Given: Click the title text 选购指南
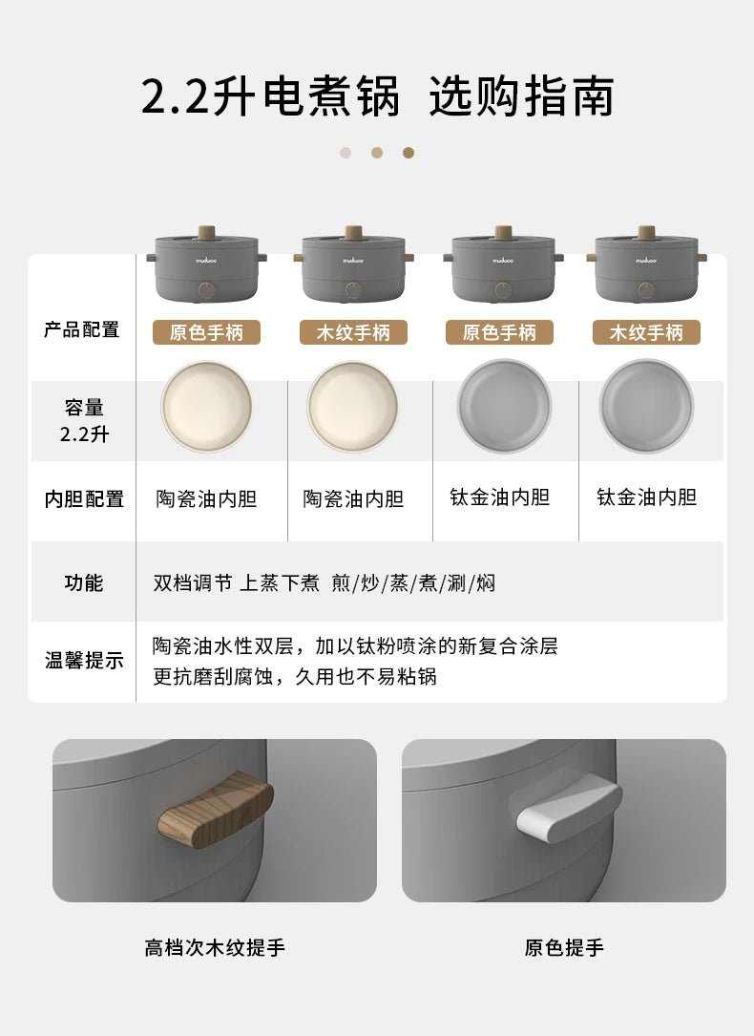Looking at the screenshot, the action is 521,96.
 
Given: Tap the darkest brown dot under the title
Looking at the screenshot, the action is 408,153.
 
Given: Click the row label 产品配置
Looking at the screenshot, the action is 82,329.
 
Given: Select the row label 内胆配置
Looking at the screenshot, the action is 84,498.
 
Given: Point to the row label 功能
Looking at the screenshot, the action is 84,582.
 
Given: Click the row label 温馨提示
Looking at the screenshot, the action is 84,660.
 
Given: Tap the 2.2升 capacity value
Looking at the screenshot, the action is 84,434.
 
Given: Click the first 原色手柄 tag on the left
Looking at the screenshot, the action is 207,332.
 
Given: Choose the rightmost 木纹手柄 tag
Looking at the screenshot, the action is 646,332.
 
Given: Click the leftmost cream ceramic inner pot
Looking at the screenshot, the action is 207,407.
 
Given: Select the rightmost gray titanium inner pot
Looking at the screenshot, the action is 646,407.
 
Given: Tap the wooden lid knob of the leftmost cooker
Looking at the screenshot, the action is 207,233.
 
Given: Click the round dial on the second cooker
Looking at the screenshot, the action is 354,290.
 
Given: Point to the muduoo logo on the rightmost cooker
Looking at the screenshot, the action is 646,261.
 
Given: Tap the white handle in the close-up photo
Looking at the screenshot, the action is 569,810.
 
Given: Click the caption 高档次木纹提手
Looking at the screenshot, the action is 215,948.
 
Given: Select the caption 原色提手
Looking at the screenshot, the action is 564,948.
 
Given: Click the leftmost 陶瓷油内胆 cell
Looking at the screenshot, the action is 207,498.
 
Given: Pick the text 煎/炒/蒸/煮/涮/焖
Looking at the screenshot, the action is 413,582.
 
